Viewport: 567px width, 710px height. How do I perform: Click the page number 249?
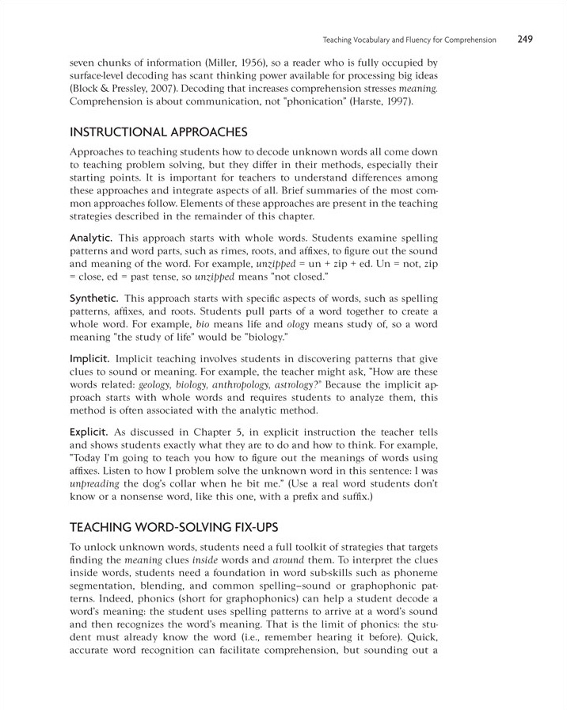527,38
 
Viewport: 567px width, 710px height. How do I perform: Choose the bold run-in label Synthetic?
95,298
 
